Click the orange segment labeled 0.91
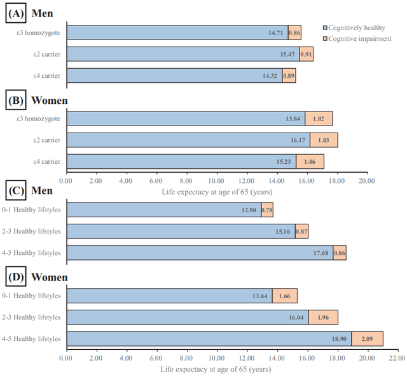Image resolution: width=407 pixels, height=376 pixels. (x=306, y=54)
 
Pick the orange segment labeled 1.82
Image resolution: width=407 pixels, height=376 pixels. (x=319, y=119)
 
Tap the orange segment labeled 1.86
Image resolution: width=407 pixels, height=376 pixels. (x=310, y=162)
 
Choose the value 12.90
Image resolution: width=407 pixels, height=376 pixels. (x=249, y=210)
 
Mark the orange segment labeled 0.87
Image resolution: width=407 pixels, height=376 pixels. (x=301, y=231)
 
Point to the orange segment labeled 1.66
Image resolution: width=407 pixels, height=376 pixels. (x=285, y=296)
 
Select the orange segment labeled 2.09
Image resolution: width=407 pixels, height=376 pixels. (x=367, y=339)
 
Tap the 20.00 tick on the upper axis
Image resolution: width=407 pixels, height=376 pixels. (x=367, y=181)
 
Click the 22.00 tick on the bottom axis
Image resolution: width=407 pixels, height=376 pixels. (x=397, y=358)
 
